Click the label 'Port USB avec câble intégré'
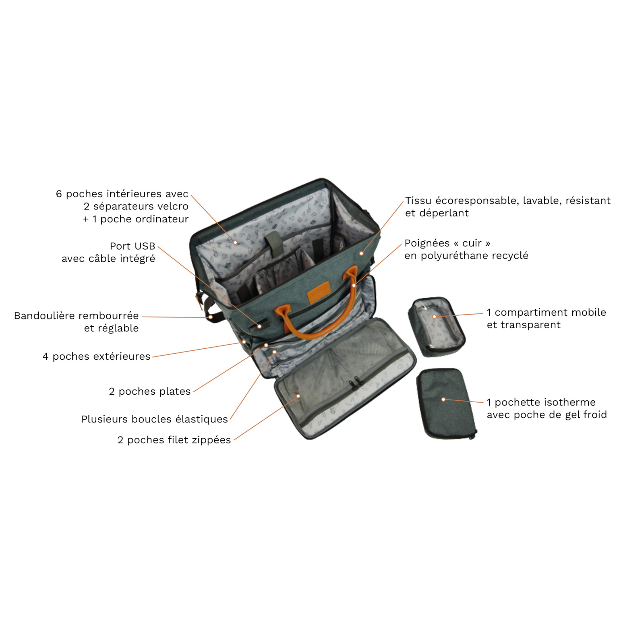108,252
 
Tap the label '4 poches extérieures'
96,356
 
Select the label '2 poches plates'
150,391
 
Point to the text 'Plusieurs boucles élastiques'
155,419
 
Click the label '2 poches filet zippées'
174,440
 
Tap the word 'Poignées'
427,243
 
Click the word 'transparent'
530,325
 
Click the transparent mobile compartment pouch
437,326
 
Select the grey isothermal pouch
446,404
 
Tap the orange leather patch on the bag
318,292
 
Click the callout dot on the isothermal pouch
443,399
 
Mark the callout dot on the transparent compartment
434,317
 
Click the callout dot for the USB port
260,326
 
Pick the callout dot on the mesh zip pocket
298,396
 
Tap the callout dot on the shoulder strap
211,317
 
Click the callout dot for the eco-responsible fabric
361,253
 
